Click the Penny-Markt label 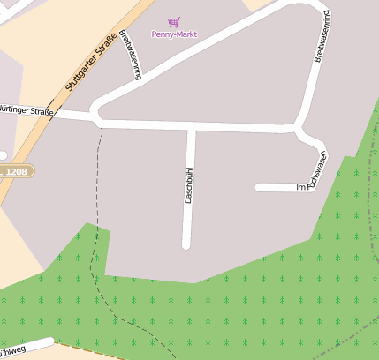[174, 34]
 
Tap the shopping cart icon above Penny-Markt [173, 21]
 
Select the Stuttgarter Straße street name [92, 60]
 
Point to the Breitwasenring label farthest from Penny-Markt [322, 37]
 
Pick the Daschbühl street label [188, 184]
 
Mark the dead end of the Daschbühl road [187, 244]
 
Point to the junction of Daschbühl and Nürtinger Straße [190, 125]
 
